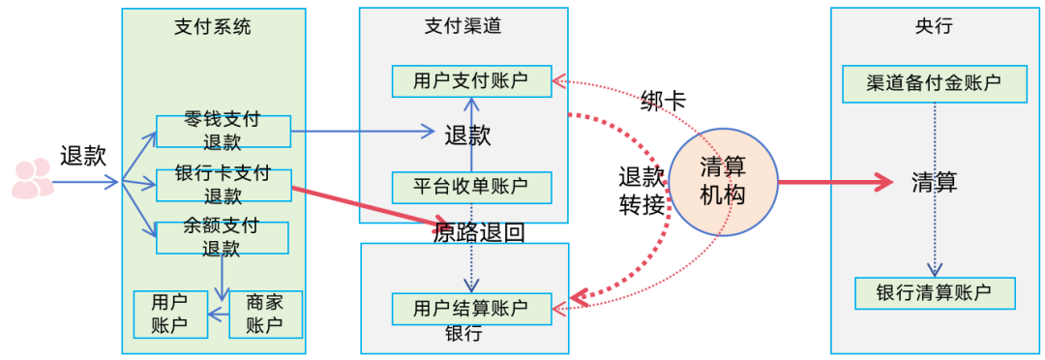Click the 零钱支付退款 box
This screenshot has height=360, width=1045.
(223, 132)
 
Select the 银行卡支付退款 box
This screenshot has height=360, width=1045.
(223, 185)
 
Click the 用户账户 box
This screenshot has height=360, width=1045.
(170, 314)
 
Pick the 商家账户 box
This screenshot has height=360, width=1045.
(265, 314)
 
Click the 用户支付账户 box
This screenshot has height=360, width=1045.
(471, 81)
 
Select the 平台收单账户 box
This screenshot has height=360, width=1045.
(471, 187)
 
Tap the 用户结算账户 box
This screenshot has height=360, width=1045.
(471, 308)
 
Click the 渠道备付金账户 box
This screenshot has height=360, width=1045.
(934, 83)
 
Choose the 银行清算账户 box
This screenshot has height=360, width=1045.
(935, 293)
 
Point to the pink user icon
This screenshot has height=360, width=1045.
(31, 179)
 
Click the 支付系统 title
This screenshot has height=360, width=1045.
(212, 27)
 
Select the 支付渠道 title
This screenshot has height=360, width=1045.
(463, 27)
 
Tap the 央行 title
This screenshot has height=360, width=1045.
(934, 27)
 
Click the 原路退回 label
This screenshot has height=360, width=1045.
(479, 233)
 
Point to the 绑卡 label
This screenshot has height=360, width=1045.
(664, 101)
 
